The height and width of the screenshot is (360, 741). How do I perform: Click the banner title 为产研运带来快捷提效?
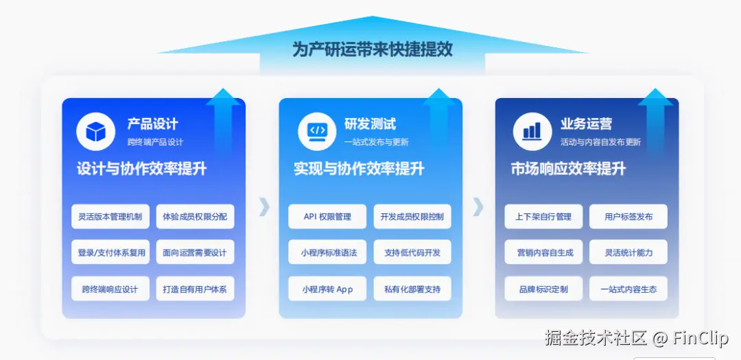click(373, 49)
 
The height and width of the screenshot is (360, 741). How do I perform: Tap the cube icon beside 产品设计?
click(95, 131)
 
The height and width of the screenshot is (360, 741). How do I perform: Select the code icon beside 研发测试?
click(317, 131)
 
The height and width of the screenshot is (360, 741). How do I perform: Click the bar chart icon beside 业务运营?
click(532, 131)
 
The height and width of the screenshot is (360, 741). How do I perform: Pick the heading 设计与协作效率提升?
click(142, 169)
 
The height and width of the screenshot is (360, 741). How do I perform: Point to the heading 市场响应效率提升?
click(568, 169)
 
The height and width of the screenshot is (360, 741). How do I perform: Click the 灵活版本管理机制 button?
click(110, 217)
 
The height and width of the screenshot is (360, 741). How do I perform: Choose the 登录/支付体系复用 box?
click(110, 252)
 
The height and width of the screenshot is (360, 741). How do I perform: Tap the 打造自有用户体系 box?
click(195, 289)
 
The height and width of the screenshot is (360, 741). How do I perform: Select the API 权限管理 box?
click(327, 217)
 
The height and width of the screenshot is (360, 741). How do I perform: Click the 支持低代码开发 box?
click(412, 252)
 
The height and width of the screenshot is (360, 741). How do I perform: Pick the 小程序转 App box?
click(327, 289)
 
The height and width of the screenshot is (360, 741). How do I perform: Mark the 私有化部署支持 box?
click(412, 289)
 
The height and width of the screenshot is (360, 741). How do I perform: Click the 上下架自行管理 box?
click(543, 217)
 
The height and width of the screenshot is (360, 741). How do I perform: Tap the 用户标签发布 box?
click(628, 217)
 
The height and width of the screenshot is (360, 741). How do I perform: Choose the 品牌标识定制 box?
click(543, 289)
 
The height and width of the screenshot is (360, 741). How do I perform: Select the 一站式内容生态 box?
click(628, 289)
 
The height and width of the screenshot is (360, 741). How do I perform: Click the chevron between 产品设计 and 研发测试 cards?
click(263, 206)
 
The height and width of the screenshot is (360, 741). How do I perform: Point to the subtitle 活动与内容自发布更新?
click(600, 143)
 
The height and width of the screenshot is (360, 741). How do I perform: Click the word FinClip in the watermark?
click(700, 337)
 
